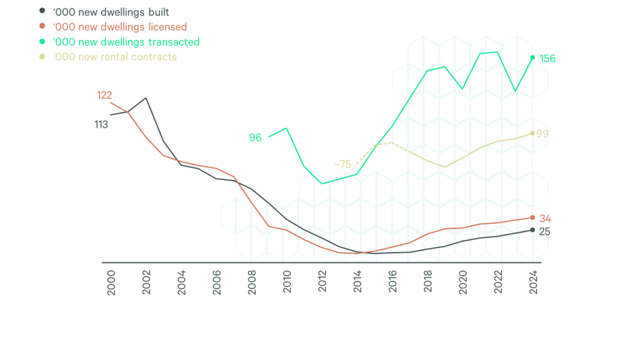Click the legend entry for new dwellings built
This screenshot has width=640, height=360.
110,12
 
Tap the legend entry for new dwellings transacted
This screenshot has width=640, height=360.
125,42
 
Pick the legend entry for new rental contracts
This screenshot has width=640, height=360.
114,57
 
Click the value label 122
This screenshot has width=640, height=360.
104,95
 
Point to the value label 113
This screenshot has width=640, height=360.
102,125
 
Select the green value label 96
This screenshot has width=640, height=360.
255,138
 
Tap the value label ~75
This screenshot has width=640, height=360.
343,164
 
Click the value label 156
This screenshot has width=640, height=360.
547,59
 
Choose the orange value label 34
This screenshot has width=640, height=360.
545,218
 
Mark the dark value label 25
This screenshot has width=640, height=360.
544,231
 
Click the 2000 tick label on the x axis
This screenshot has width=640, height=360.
112,281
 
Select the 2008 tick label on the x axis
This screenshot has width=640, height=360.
252,281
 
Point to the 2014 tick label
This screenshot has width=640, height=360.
357,281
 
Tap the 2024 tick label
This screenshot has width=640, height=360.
533,281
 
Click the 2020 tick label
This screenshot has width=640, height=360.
463,281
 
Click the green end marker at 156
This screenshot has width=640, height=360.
533,58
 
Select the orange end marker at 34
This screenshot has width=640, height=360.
533,218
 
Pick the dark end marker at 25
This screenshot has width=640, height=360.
533,230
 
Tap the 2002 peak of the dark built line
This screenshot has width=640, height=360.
146,98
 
